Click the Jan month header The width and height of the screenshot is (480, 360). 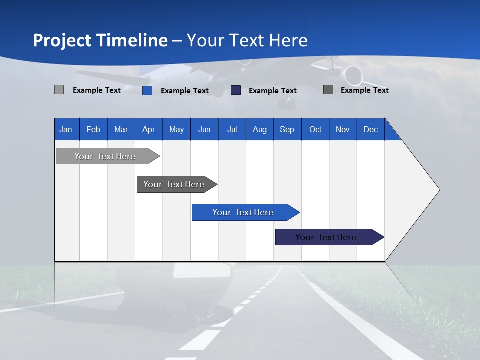pos(66,130)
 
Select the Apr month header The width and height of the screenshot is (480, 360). pos(148,130)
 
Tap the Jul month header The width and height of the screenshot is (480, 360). pos(232,130)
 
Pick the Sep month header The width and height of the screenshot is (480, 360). pos(287,130)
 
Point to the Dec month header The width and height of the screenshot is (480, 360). pos(370,130)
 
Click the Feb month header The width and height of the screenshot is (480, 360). pos(93,130)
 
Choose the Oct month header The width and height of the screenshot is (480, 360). pos(315,130)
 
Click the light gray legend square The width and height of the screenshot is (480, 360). pos(59,90)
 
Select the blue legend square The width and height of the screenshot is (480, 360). pos(147,90)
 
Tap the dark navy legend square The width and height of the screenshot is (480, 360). pos(236,90)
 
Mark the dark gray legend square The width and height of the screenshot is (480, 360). pos(328,90)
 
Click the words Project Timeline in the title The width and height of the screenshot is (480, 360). pos(100,40)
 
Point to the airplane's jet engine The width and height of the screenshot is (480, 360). pos(353,75)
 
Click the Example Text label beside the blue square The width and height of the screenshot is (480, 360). pos(185,91)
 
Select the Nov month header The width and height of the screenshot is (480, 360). pos(343,130)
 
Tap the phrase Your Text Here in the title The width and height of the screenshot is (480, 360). pos(247,40)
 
